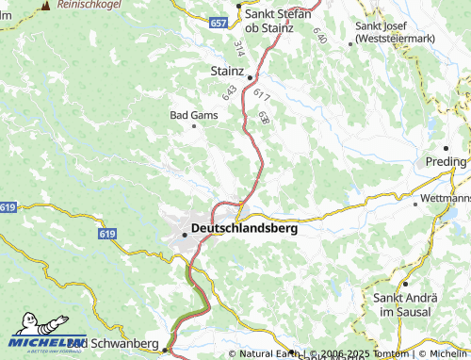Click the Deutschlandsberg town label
tap(244, 228)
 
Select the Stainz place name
tap(227, 72)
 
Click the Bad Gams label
tap(193, 115)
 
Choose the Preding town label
tap(445, 161)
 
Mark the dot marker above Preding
tap(445, 148)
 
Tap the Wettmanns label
tap(445, 201)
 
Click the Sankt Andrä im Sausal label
tap(404, 304)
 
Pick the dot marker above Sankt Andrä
tap(405, 284)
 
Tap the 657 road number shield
tap(219, 22)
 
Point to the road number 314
tap(238, 47)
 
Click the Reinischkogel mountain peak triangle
tap(44, 6)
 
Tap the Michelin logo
tap(44, 332)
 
